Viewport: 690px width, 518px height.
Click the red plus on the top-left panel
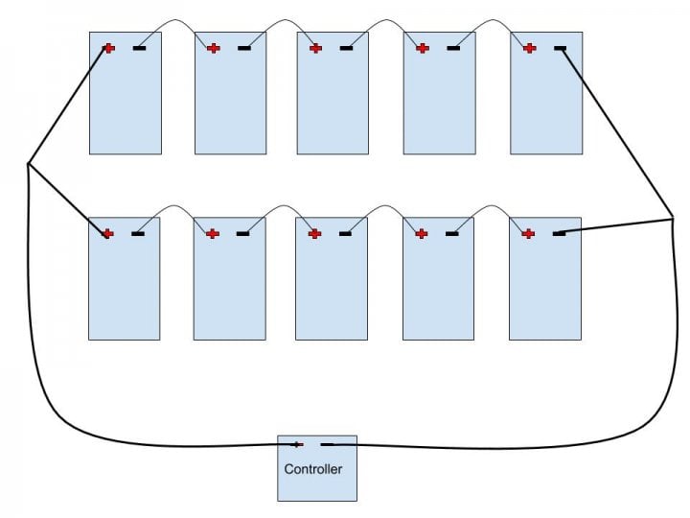(108, 48)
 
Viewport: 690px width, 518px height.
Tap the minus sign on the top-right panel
(560, 48)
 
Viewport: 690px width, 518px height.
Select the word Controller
(312, 469)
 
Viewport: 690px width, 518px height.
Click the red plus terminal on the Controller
(297, 444)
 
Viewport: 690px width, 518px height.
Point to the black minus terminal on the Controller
(328, 444)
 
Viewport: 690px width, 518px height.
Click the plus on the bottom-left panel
(107, 233)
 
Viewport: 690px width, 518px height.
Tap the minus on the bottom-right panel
(559, 233)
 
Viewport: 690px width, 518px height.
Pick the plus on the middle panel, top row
(316, 48)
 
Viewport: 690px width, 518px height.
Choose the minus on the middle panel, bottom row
(345, 233)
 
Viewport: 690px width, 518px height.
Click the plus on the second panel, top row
(214, 48)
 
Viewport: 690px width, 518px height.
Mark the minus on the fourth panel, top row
(452, 48)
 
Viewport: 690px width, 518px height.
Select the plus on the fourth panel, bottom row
(422, 233)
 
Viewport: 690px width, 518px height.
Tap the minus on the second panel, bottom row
(243, 233)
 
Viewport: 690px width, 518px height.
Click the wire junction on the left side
(29, 164)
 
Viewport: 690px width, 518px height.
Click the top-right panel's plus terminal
(529, 48)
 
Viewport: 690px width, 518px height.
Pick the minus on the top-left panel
(139, 48)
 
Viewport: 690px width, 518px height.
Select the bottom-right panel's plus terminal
(528, 233)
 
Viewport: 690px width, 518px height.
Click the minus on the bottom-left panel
(138, 233)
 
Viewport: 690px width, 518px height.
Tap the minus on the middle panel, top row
(346, 48)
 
